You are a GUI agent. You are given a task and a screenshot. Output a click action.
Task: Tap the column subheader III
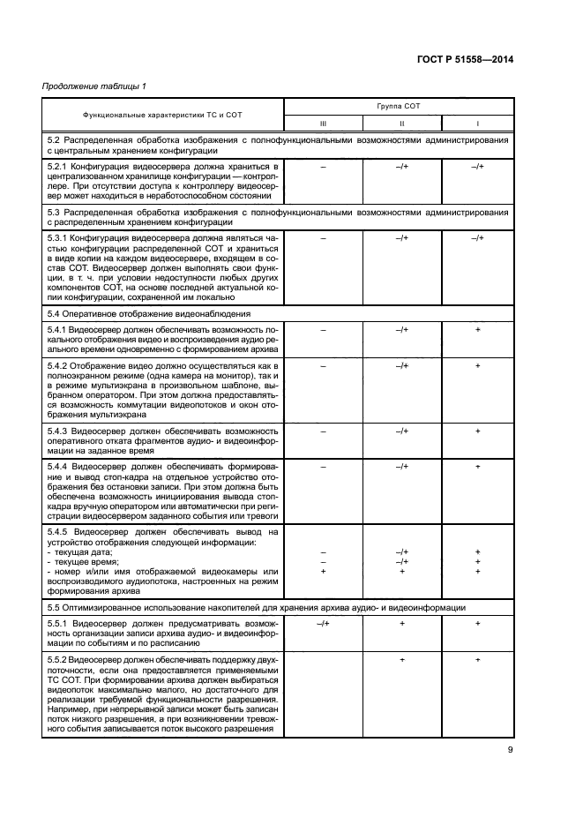click(323, 124)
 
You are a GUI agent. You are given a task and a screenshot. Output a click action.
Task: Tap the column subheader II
click(401, 124)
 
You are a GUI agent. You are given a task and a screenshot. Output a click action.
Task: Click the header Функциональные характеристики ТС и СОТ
click(162, 115)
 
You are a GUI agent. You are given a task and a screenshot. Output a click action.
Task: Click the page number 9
click(511, 751)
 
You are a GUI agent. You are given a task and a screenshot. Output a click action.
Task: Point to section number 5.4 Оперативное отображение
click(55, 314)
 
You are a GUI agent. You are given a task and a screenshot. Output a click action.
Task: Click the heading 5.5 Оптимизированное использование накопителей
click(55, 608)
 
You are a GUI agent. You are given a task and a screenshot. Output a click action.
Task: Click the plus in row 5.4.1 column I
click(477, 329)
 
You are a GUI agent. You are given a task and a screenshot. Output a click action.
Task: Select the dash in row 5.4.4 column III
click(323, 465)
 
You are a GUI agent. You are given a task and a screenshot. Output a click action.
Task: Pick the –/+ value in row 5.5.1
click(323, 623)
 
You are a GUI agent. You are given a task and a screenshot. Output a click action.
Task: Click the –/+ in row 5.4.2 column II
click(401, 364)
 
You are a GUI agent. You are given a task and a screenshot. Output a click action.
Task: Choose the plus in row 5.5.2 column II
click(401, 659)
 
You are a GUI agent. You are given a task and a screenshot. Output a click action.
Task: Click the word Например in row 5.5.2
click(69, 709)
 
